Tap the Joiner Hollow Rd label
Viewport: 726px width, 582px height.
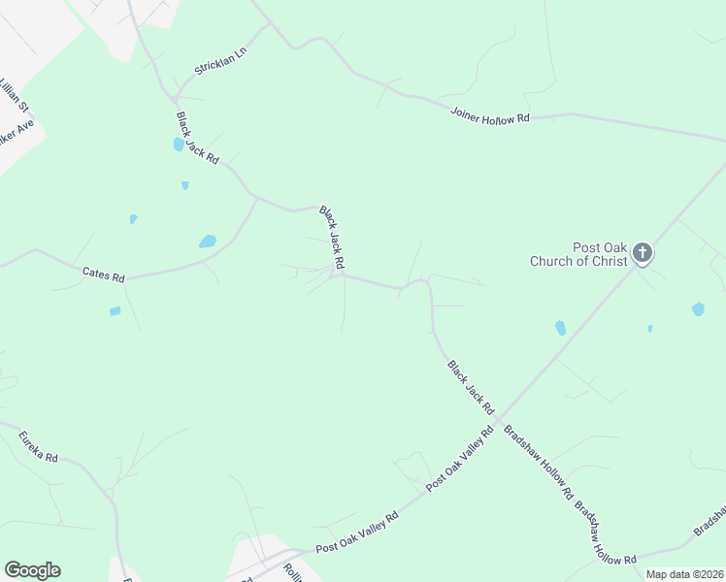click(491, 114)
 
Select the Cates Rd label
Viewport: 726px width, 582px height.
click(104, 277)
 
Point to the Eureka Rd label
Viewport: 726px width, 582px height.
click(39, 447)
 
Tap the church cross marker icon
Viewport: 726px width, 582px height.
click(642, 254)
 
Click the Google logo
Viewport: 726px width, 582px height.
click(32, 570)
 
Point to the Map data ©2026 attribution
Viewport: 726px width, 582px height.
click(684, 574)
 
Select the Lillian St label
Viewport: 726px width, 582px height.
click(12, 96)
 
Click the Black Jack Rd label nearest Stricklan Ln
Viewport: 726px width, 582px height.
click(197, 137)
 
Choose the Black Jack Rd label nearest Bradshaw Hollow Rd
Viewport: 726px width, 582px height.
click(471, 386)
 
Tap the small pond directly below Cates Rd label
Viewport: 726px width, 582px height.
click(115, 311)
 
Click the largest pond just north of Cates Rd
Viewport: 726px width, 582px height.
click(208, 242)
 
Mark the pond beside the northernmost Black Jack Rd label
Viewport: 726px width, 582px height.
click(179, 145)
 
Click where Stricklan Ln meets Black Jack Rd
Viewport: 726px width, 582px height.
click(178, 97)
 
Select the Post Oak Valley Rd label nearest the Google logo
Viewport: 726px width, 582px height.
click(357, 534)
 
